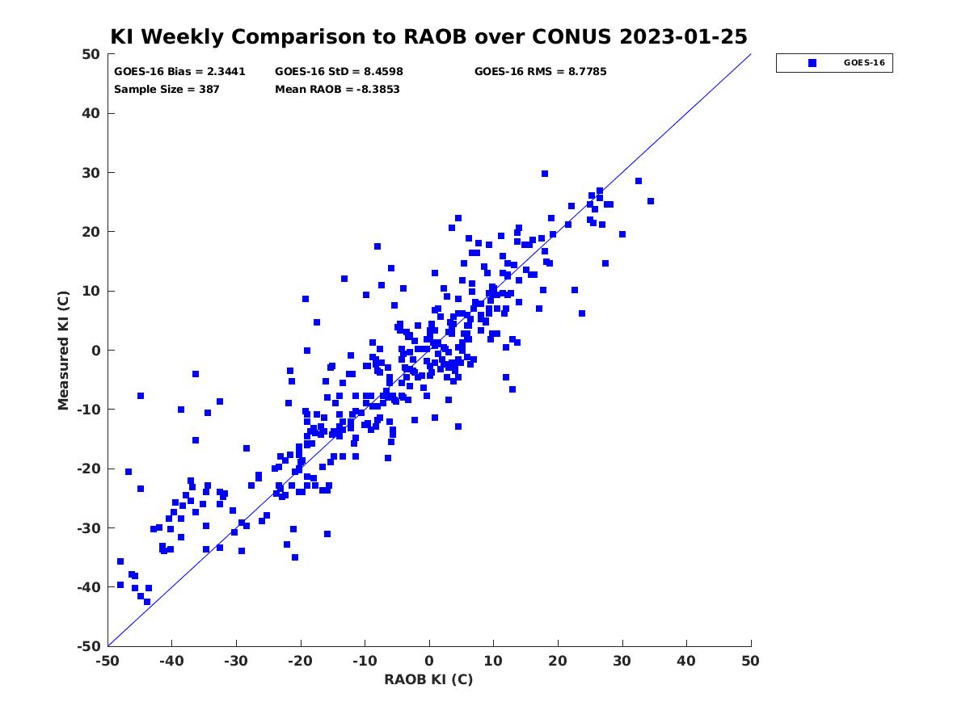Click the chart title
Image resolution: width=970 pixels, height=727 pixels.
(x=428, y=36)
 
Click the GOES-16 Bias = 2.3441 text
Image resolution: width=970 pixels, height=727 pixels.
(x=179, y=72)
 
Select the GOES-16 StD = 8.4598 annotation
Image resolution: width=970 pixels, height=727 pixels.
(x=339, y=72)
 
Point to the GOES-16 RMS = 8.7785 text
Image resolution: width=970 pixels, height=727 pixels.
(x=540, y=72)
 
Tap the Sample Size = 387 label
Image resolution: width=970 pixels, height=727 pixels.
(x=167, y=89)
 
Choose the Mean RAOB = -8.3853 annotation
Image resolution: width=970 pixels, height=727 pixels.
(x=337, y=89)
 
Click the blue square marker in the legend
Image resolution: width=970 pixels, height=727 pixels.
(x=812, y=63)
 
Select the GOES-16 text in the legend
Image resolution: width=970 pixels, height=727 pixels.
(x=864, y=63)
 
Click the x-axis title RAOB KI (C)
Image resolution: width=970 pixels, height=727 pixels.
(x=428, y=679)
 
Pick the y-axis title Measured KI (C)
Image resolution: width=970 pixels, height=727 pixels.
(x=63, y=350)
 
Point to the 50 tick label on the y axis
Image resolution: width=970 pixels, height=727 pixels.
(x=91, y=54)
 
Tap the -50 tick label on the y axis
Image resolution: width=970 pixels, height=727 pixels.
(x=89, y=646)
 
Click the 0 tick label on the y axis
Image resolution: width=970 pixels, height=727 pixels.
(x=96, y=351)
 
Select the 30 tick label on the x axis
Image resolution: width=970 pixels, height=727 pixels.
(x=622, y=661)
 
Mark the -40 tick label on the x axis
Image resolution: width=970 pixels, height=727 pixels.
(x=171, y=661)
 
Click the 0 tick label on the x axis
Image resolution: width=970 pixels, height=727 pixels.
(x=429, y=661)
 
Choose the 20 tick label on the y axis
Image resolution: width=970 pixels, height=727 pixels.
(x=91, y=232)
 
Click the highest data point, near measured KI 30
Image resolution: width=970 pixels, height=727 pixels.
(x=545, y=174)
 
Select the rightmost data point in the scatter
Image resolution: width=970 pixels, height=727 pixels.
(x=650, y=201)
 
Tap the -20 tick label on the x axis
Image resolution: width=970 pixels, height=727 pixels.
(x=300, y=661)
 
